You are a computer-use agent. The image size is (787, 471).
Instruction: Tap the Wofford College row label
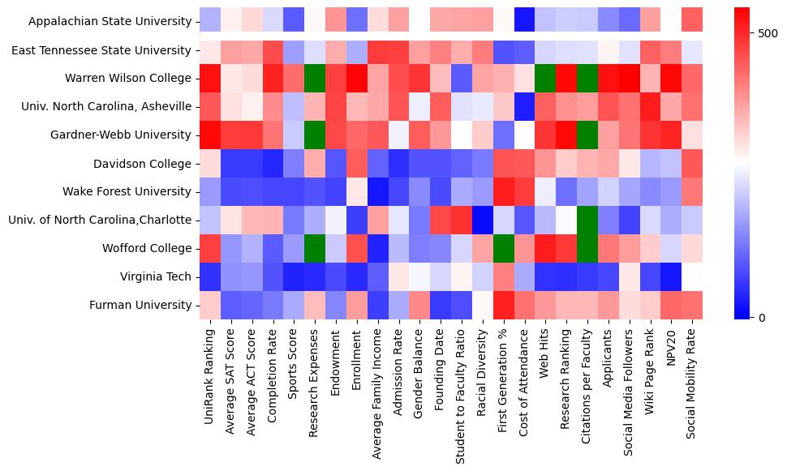click(149, 248)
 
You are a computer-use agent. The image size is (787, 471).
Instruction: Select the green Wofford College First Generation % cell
click(501, 248)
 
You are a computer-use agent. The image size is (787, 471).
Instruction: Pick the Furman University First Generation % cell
click(501, 305)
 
